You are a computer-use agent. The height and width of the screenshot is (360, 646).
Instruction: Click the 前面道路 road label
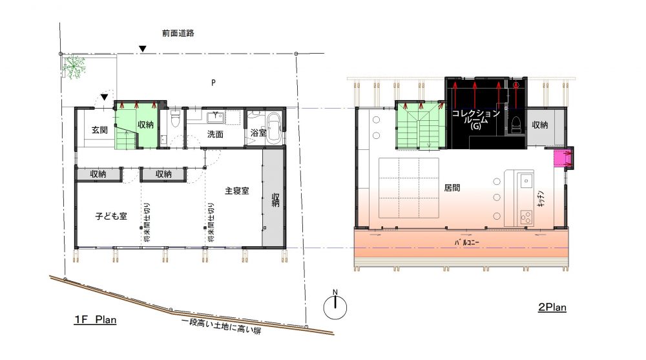[178, 33]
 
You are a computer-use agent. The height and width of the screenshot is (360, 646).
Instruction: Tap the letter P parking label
[213, 83]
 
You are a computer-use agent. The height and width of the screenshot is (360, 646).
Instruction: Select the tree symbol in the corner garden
[74, 67]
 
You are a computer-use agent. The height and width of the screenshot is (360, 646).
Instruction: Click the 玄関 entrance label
[99, 130]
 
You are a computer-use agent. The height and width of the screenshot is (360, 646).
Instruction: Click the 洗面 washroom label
[215, 134]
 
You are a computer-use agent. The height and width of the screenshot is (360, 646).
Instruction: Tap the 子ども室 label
[111, 216]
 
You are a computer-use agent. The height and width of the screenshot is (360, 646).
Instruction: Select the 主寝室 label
[237, 191]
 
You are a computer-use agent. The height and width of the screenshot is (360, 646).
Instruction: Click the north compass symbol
[335, 306]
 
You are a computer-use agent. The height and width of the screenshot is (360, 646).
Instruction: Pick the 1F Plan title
[96, 319]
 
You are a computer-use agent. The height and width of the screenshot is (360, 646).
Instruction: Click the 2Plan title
[552, 307]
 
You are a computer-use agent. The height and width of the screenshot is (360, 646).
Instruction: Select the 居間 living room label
[452, 188]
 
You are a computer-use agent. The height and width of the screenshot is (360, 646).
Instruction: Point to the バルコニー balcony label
[467, 242]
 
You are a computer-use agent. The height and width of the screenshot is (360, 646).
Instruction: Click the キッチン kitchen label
[541, 198]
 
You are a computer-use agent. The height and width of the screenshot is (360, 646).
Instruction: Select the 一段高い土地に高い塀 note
[221, 326]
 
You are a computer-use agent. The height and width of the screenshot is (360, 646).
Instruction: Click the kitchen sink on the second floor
[526, 180]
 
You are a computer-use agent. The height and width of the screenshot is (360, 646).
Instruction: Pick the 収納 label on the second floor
[539, 125]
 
